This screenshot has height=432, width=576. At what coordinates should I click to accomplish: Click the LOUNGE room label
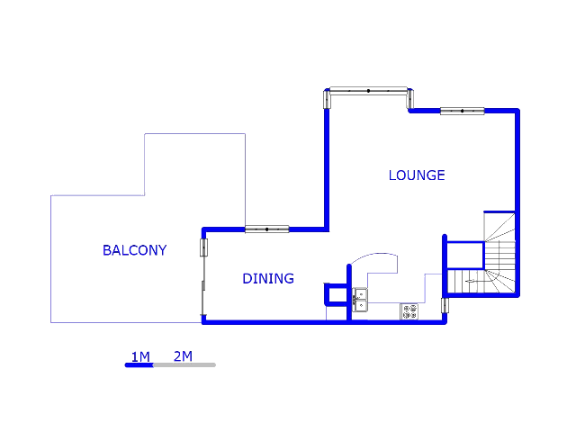(x=417, y=175)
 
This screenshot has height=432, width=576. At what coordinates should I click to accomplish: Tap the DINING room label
(x=268, y=279)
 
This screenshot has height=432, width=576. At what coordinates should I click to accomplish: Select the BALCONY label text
(x=134, y=250)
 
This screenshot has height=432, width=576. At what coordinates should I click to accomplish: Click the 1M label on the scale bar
(x=140, y=356)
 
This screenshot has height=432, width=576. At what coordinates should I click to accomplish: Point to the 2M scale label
(x=183, y=356)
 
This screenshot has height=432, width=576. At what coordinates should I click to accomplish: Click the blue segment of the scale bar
(x=139, y=364)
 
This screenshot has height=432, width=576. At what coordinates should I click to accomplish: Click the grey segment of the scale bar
(x=184, y=364)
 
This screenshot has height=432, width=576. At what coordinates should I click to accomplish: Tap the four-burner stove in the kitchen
(x=409, y=311)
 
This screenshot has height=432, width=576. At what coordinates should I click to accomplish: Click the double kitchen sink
(x=360, y=300)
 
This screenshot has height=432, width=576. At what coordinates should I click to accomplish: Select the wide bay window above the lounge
(x=368, y=90)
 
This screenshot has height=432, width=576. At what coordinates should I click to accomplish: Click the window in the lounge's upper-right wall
(x=462, y=111)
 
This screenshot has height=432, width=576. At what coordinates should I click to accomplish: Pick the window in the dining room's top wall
(x=267, y=229)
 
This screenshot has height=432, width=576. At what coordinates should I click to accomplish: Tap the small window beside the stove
(x=445, y=305)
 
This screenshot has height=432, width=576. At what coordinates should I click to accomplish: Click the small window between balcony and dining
(x=204, y=247)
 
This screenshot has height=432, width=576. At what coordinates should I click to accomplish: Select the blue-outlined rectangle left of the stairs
(x=465, y=255)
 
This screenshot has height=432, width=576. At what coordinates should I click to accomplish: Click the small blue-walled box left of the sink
(x=336, y=294)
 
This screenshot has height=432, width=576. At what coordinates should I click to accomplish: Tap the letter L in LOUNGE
(x=392, y=175)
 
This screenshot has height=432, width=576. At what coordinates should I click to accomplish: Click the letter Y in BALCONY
(x=162, y=250)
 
